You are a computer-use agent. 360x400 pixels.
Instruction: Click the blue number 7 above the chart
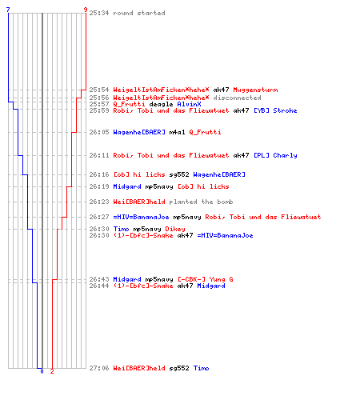tap(8, 10)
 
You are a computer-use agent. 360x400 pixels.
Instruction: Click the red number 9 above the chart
tap(86, 10)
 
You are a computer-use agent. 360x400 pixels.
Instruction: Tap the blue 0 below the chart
tap(42, 371)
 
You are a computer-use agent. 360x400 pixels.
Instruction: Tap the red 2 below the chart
tap(52, 371)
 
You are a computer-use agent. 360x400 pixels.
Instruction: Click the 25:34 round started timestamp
tap(99, 13)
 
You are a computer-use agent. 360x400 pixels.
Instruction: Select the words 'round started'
tap(139, 13)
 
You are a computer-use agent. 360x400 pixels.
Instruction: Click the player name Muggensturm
tap(255, 90)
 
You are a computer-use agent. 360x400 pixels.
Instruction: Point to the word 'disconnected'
tap(237, 98)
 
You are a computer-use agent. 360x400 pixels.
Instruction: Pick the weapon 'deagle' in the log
tap(161, 104)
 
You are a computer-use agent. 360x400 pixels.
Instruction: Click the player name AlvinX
tap(189, 104)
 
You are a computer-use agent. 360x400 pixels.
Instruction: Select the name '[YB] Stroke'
tap(275, 110)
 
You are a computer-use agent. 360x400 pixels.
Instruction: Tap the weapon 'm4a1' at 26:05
tap(177, 132)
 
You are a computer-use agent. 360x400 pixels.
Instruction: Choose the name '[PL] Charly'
tap(275, 155)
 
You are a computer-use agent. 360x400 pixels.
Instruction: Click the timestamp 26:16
tap(99, 174)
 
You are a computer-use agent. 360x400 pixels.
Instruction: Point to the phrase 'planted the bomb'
tap(201, 202)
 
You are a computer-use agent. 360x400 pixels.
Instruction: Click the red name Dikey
tap(175, 229)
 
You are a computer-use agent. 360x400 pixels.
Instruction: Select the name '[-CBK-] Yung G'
tap(206, 279)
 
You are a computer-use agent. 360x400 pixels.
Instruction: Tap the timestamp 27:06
tap(99, 368)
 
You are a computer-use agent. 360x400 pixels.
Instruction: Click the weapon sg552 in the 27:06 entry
tap(179, 368)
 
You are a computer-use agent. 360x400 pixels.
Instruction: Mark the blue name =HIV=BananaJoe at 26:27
tap(141, 217)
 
